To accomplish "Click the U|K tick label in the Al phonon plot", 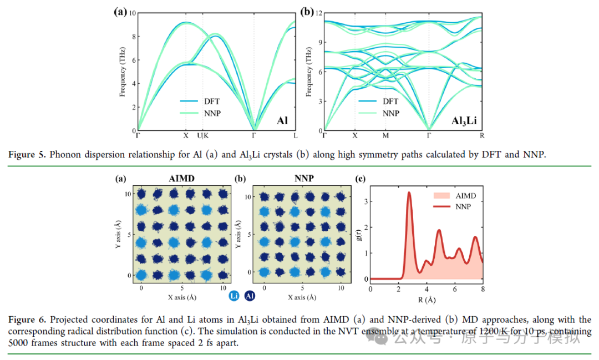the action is (203, 136).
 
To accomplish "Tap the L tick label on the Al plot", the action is (295, 136).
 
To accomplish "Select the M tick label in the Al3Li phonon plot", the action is (386, 136).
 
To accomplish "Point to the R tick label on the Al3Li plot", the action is (482, 136).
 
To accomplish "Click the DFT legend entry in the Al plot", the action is (200, 102).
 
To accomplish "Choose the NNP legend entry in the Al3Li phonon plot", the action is (379, 113).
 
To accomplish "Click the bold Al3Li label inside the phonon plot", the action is (464, 121).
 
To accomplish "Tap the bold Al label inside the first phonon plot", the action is (282, 121).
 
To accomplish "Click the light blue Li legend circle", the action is (234, 296).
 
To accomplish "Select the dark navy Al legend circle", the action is (250, 296).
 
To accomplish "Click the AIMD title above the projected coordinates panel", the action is (181, 179).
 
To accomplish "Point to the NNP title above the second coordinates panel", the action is (304, 179).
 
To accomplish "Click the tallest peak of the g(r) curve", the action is (409, 192).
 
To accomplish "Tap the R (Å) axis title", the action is (427, 300).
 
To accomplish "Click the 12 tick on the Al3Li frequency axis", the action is (318, 14).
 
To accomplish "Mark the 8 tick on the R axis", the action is (483, 290).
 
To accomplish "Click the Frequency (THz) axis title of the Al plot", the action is (122, 72).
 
